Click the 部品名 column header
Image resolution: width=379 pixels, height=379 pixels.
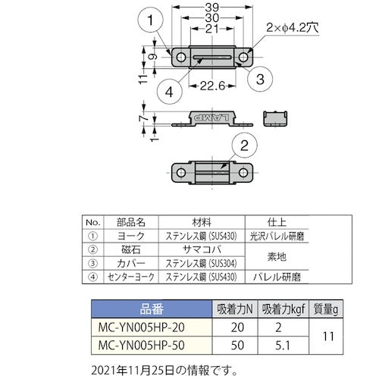[x=127, y=223]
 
